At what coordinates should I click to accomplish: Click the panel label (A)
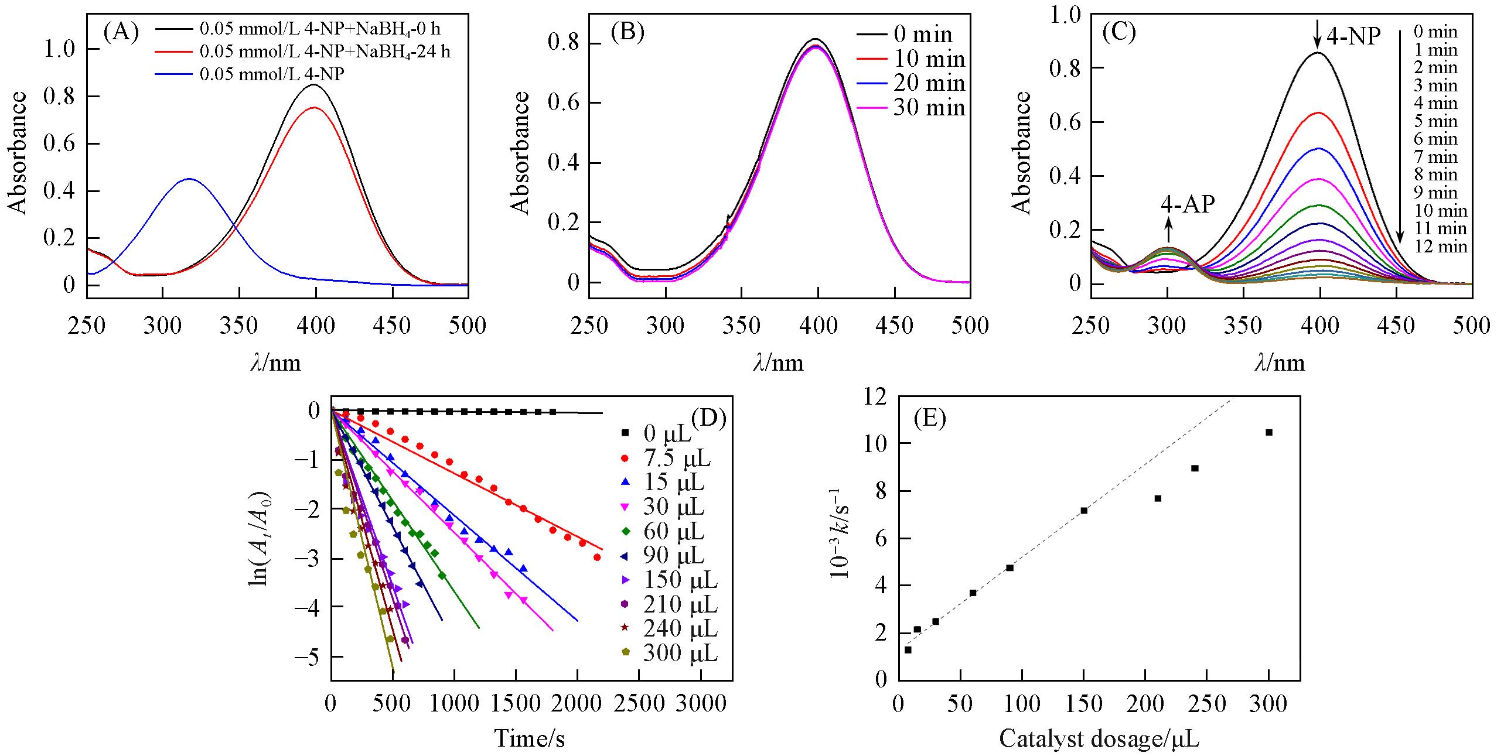(121, 33)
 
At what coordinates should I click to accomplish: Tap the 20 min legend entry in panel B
(929, 83)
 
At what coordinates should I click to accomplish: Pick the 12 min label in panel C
(1439, 247)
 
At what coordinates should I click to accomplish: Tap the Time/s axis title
(530, 738)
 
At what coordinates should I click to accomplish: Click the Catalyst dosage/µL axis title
(1099, 739)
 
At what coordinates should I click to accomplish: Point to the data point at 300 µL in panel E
(1269, 433)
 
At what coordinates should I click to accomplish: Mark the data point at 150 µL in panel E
(1084, 511)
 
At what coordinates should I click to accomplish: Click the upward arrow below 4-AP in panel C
(1169, 229)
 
